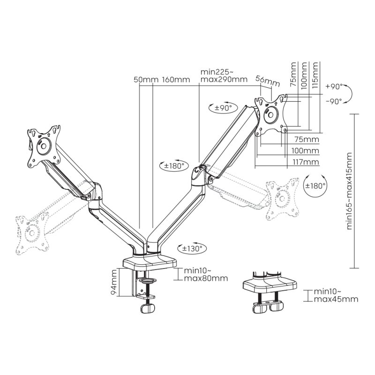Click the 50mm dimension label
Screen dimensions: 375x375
point(147,80)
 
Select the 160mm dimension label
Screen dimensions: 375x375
point(176,80)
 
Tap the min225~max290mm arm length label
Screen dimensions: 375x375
point(224,75)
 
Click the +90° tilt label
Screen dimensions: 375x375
point(334,87)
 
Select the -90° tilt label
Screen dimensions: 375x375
point(334,101)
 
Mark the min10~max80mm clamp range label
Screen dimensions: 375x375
point(205,274)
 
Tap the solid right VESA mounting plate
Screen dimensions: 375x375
point(271,114)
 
